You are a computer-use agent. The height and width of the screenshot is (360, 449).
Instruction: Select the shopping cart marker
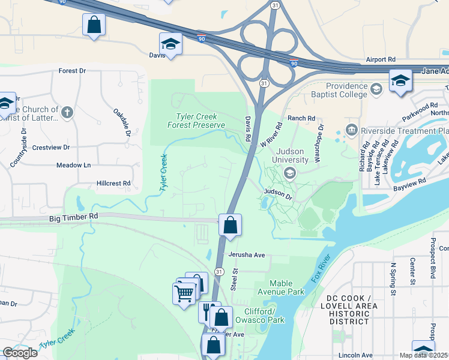[x=184, y=294]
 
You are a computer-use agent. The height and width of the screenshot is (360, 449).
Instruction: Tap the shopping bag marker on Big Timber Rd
[x=230, y=226]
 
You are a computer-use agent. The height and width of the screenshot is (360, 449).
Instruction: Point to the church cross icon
[x=67, y=112]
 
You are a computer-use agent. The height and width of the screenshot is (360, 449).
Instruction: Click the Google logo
[x=20, y=353]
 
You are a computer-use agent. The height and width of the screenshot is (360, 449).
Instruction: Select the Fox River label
[x=322, y=271]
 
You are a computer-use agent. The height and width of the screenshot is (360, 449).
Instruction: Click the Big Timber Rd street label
[x=74, y=220]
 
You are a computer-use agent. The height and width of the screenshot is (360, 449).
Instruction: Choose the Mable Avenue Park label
[x=287, y=287]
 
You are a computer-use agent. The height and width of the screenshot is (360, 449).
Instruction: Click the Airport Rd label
[x=381, y=60]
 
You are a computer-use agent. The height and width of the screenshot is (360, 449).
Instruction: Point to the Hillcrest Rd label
[x=113, y=183]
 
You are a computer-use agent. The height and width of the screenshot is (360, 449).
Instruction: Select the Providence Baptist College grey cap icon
[x=376, y=89]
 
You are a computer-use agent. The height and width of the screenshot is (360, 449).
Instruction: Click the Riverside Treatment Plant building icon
[x=351, y=130]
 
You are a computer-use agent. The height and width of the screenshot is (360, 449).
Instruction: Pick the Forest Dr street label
[x=72, y=71]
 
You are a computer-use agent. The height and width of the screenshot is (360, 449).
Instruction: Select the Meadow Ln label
[x=73, y=165]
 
